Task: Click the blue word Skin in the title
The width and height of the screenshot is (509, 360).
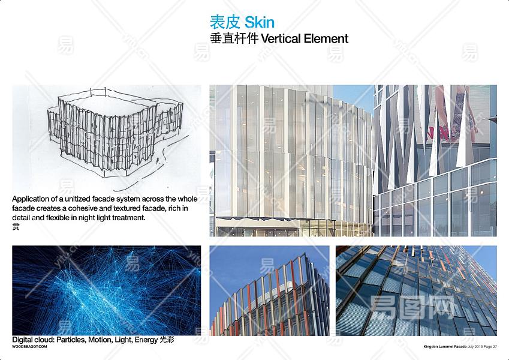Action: (x=260, y=22)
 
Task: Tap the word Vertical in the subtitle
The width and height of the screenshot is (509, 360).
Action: (x=281, y=38)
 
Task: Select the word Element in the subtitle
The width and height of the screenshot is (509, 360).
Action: (x=326, y=38)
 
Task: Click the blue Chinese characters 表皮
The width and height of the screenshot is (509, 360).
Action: (x=225, y=22)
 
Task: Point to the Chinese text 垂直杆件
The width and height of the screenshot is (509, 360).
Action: (x=234, y=38)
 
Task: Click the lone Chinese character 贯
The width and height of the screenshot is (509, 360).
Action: (x=16, y=226)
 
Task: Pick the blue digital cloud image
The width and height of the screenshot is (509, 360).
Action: (x=107, y=290)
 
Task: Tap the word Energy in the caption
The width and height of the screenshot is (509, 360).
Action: (x=146, y=340)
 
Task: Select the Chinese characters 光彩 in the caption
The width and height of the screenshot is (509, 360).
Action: (x=167, y=340)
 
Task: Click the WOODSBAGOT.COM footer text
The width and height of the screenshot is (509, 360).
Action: (x=29, y=347)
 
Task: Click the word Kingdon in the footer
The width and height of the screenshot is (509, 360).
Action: (x=430, y=347)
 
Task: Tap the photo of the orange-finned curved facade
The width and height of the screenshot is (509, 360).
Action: (x=269, y=290)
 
